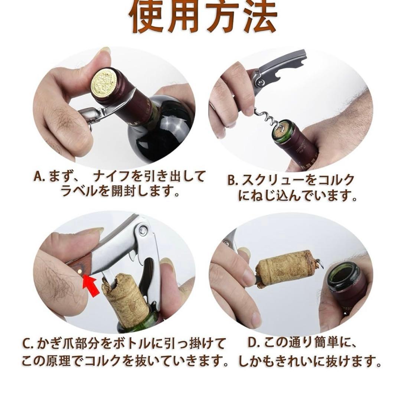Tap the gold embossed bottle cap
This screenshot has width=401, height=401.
tap(104, 82)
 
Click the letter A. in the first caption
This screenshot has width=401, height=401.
tap(40, 177)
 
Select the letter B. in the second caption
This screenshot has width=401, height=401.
tap(233, 181)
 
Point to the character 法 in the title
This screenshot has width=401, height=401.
tap(258, 17)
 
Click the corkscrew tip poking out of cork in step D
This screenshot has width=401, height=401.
tap(320, 263)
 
